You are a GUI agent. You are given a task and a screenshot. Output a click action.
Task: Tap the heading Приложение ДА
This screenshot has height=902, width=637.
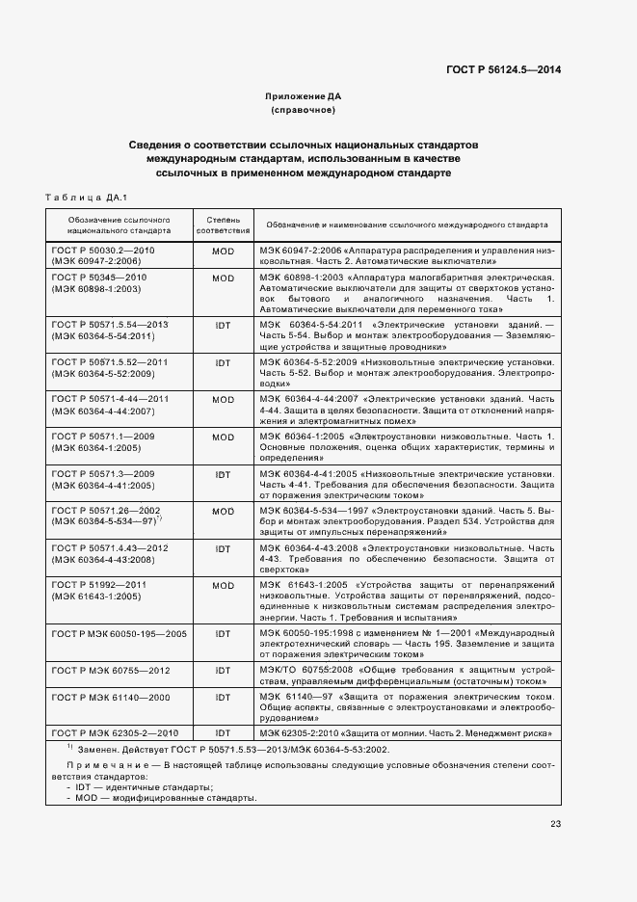pos(303,97)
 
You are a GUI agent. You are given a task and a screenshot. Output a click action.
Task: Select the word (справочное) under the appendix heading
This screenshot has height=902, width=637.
pos(303,110)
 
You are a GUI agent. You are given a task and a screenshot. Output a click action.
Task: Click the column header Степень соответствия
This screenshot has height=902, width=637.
pos(223,225)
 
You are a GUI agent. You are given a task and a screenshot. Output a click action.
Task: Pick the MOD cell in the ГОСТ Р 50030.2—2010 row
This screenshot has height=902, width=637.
pos(223,250)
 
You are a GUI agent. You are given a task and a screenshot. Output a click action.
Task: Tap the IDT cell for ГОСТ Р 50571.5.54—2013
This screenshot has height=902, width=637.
pos(223,325)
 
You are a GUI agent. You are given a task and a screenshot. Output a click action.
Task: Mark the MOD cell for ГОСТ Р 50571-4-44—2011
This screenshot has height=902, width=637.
pos(223,399)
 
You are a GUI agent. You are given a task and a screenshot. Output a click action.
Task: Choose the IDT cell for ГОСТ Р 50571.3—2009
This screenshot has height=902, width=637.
pos(223,474)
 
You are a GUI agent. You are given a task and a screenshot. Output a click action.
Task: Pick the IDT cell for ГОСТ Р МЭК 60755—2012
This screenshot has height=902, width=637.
pos(223,670)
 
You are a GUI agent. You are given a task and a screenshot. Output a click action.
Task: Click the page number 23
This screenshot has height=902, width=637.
pos(555,824)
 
